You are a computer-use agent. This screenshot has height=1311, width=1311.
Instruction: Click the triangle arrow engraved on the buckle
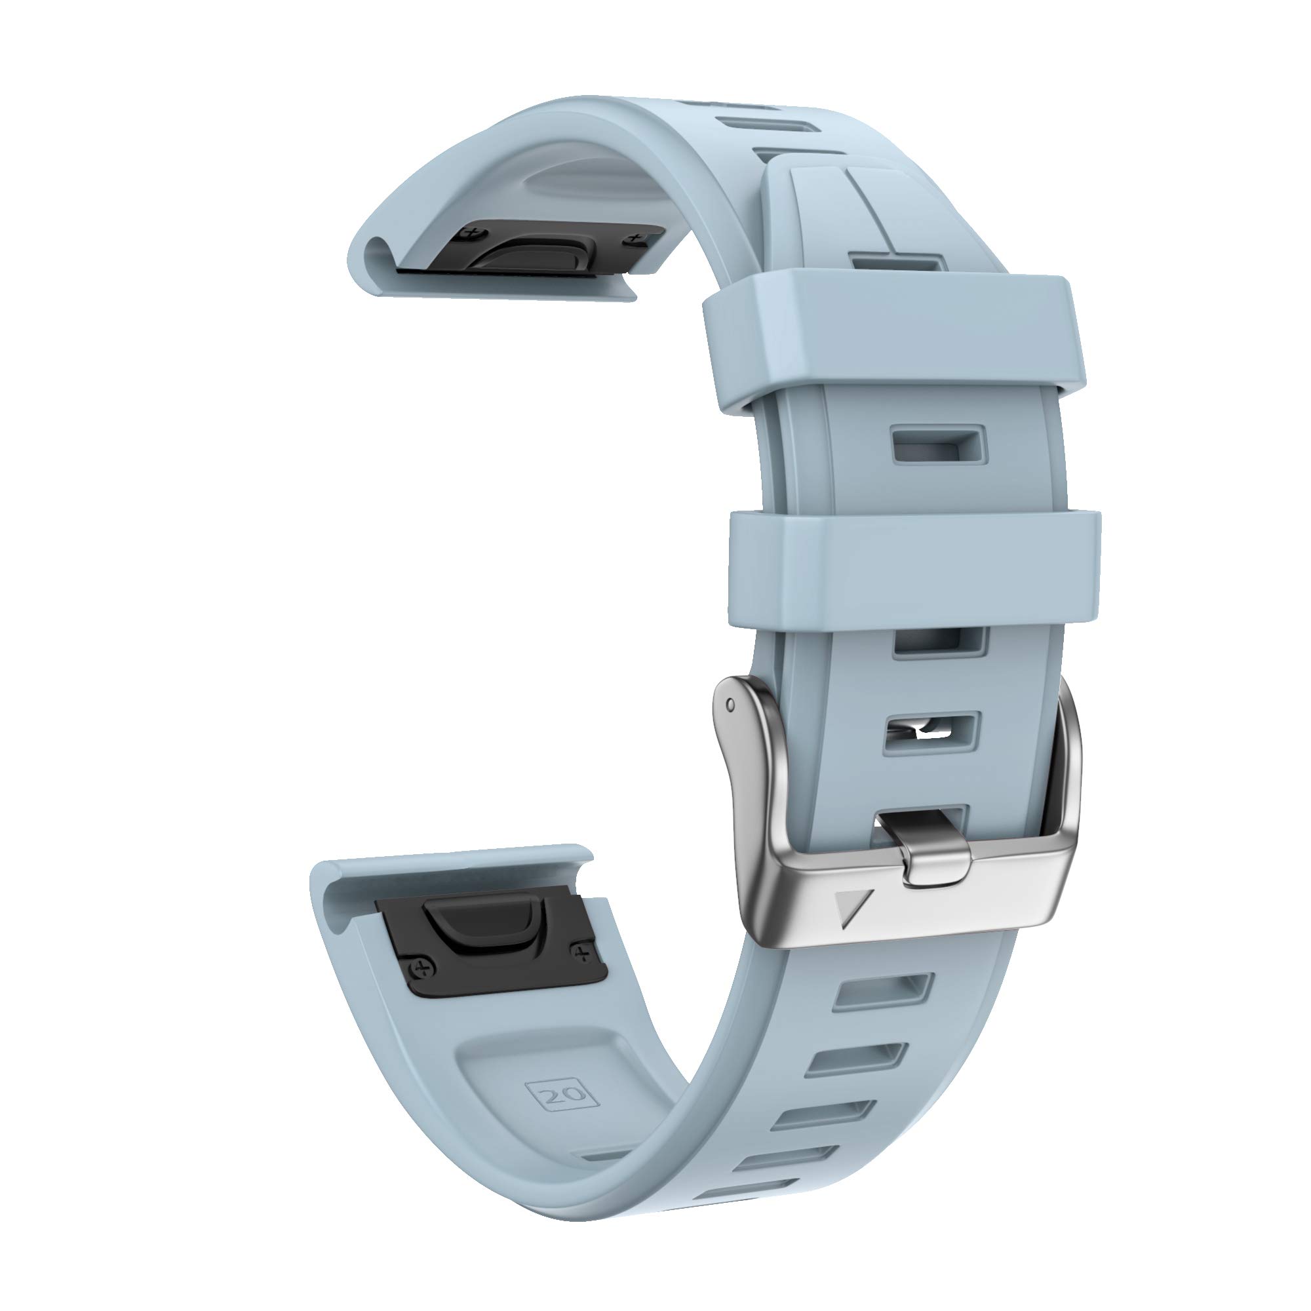[x=847, y=909]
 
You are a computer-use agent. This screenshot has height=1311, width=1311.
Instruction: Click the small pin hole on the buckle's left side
[x=730, y=706]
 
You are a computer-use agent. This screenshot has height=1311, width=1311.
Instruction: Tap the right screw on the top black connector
[x=636, y=238]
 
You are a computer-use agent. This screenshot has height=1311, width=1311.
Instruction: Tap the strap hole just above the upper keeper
[x=897, y=264]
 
